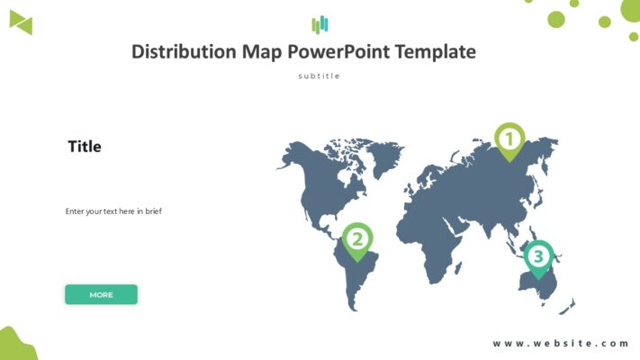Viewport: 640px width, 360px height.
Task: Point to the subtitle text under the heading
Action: [320, 76]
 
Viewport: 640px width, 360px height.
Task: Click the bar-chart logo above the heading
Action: [320, 24]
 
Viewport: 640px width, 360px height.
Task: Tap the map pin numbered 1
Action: [509, 140]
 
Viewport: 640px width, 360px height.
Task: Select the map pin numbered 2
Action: [357, 240]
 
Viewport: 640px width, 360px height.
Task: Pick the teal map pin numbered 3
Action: [538, 257]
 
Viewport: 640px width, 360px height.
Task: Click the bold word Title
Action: [85, 147]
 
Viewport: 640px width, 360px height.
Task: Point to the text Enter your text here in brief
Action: [113, 211]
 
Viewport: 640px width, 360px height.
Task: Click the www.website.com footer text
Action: [561, 343]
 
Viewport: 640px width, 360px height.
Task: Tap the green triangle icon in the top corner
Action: [21, 24]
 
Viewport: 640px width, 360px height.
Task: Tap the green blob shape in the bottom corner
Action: [15, 345]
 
